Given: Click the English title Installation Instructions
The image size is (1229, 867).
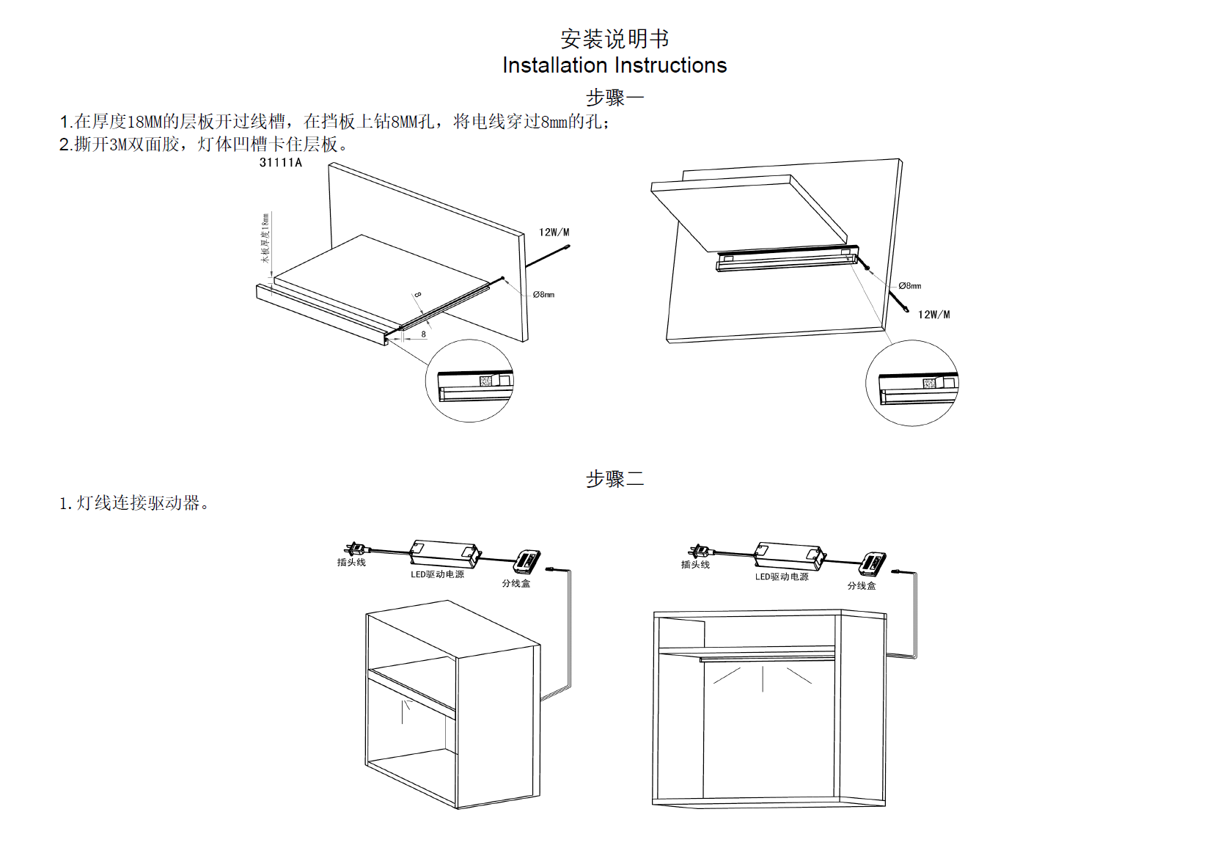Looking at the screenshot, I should (614, 65).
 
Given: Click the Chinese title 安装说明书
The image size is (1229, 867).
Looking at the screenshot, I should (614, 38).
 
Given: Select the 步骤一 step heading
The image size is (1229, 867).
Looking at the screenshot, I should (614, 97).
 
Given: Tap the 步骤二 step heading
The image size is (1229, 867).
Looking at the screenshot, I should (614, 479).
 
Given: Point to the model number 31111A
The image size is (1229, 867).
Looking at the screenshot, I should (280, 163).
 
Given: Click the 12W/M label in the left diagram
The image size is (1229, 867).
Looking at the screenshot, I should (554, 233).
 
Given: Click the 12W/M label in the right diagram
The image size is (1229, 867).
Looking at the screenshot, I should (933, 315).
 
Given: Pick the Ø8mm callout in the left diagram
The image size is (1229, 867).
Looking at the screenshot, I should (543, 295).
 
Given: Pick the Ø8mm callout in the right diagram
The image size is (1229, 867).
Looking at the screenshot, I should (909, 286).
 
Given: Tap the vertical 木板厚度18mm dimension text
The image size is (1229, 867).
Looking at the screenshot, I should (265, 238).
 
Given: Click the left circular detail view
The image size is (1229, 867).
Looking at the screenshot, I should (469, 381).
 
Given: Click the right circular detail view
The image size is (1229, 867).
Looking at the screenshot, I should (911, 383).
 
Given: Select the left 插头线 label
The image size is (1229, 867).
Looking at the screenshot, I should (351, 563).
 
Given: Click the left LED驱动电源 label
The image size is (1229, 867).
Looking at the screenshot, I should (437, 574).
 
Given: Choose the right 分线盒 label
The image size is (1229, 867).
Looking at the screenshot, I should (862, 586).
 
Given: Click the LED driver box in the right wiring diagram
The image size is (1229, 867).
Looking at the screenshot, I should (789, 555).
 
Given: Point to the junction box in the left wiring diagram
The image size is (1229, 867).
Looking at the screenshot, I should (527, 562).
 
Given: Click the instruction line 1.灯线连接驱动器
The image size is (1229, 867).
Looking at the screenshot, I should (134, 503).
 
